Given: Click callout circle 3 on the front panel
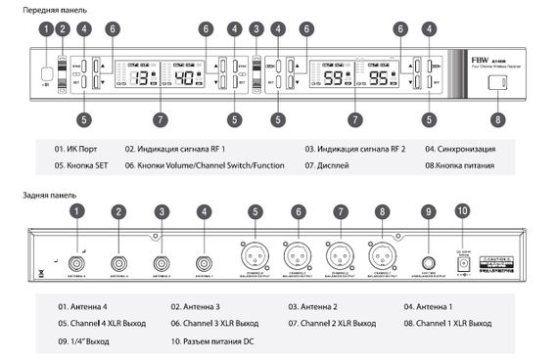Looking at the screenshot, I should point(256,29).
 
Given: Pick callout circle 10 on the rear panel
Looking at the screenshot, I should point(463,210).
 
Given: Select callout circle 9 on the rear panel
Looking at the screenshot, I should point(428,211).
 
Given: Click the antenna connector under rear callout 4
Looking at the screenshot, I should point(203,261).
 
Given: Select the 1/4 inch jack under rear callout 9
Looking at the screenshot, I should point(428,261).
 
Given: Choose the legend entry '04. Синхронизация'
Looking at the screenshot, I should point(460,149).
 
